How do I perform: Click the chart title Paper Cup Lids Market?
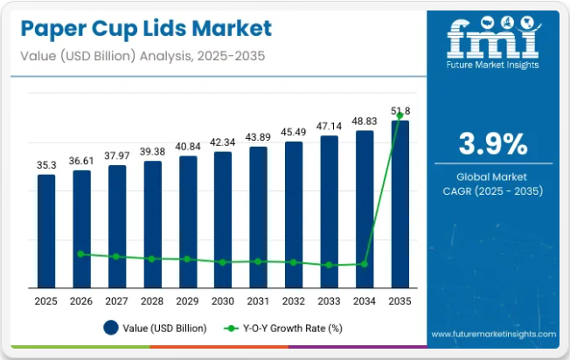tap(143, 28)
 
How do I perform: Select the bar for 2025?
tap(46, 231)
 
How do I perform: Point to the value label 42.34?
tap(223, 142)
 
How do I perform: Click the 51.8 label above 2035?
tap(400, 111)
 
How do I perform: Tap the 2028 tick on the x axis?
tap(152, 301)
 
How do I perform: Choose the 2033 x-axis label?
tap(329, 301)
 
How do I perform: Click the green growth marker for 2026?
tap(81, 254)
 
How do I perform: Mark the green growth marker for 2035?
tap(400, 115)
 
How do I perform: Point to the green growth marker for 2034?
tap(365, 264)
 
